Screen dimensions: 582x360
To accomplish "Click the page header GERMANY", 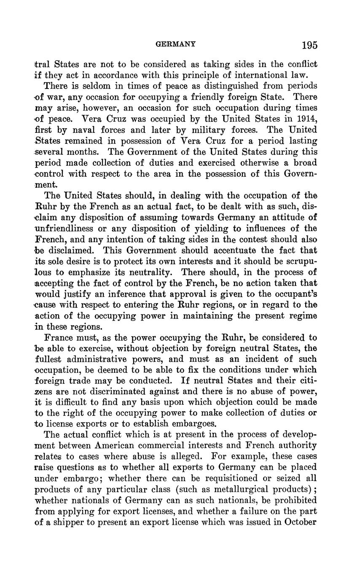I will tap(176, 44).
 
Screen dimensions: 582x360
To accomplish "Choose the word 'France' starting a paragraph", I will tap(59, 338).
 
